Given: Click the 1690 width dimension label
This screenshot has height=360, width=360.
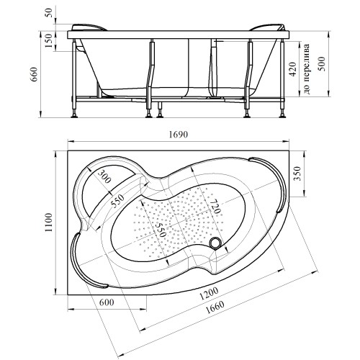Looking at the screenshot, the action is (178, 135).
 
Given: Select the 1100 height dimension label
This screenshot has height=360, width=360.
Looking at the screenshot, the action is (49, 222).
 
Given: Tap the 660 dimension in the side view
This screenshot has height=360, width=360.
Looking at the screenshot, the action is (35, 74).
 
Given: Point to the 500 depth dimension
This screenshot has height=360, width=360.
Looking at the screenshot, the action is (321, 63).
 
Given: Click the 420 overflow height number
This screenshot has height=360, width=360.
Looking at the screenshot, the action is (293, 69).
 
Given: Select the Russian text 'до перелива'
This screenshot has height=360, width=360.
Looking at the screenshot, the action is (307, 69).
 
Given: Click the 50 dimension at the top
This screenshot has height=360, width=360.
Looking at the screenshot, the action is (48, 12).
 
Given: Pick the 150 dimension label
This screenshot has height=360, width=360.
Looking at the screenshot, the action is (48, 40).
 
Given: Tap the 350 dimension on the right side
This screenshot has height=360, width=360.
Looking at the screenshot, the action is (297, 174).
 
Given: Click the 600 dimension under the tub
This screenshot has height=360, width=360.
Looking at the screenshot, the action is (107, 302).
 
